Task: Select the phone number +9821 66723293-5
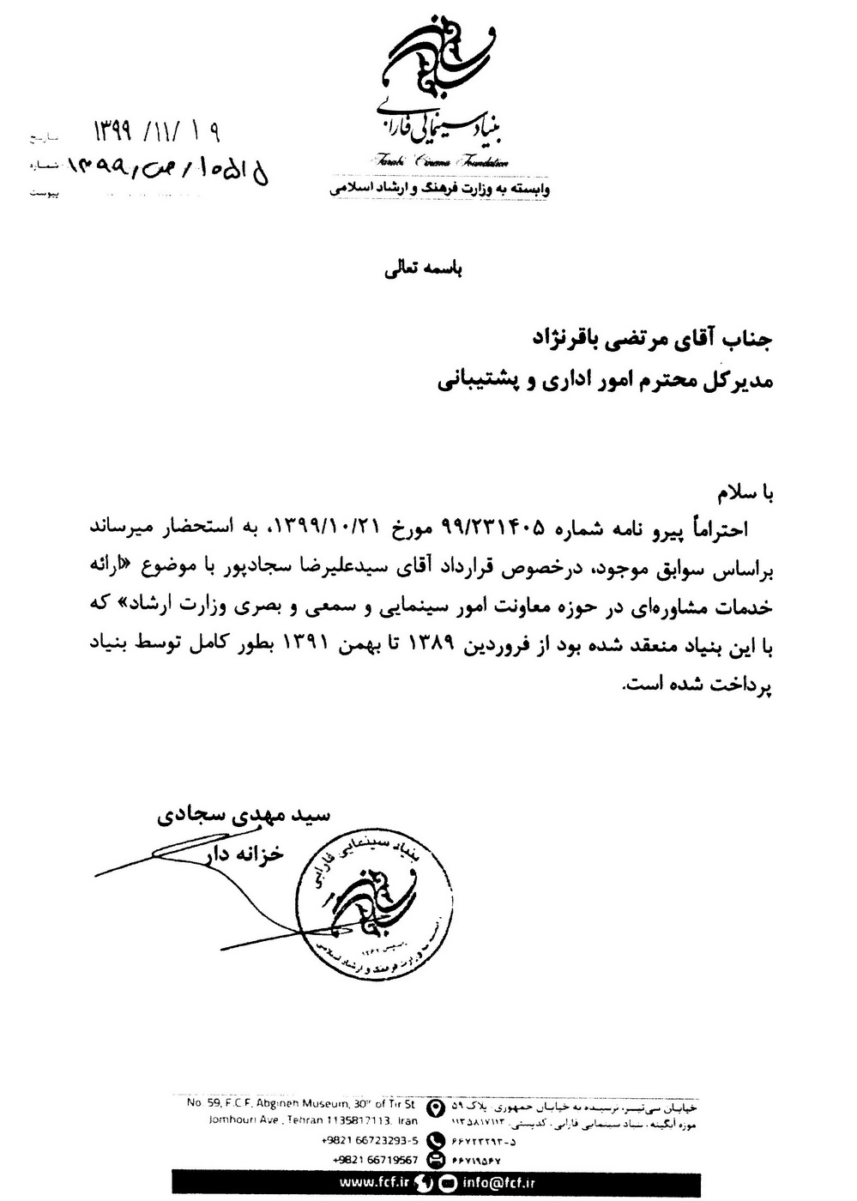click(371, 1141)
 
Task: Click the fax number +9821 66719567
click(371, 1160)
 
